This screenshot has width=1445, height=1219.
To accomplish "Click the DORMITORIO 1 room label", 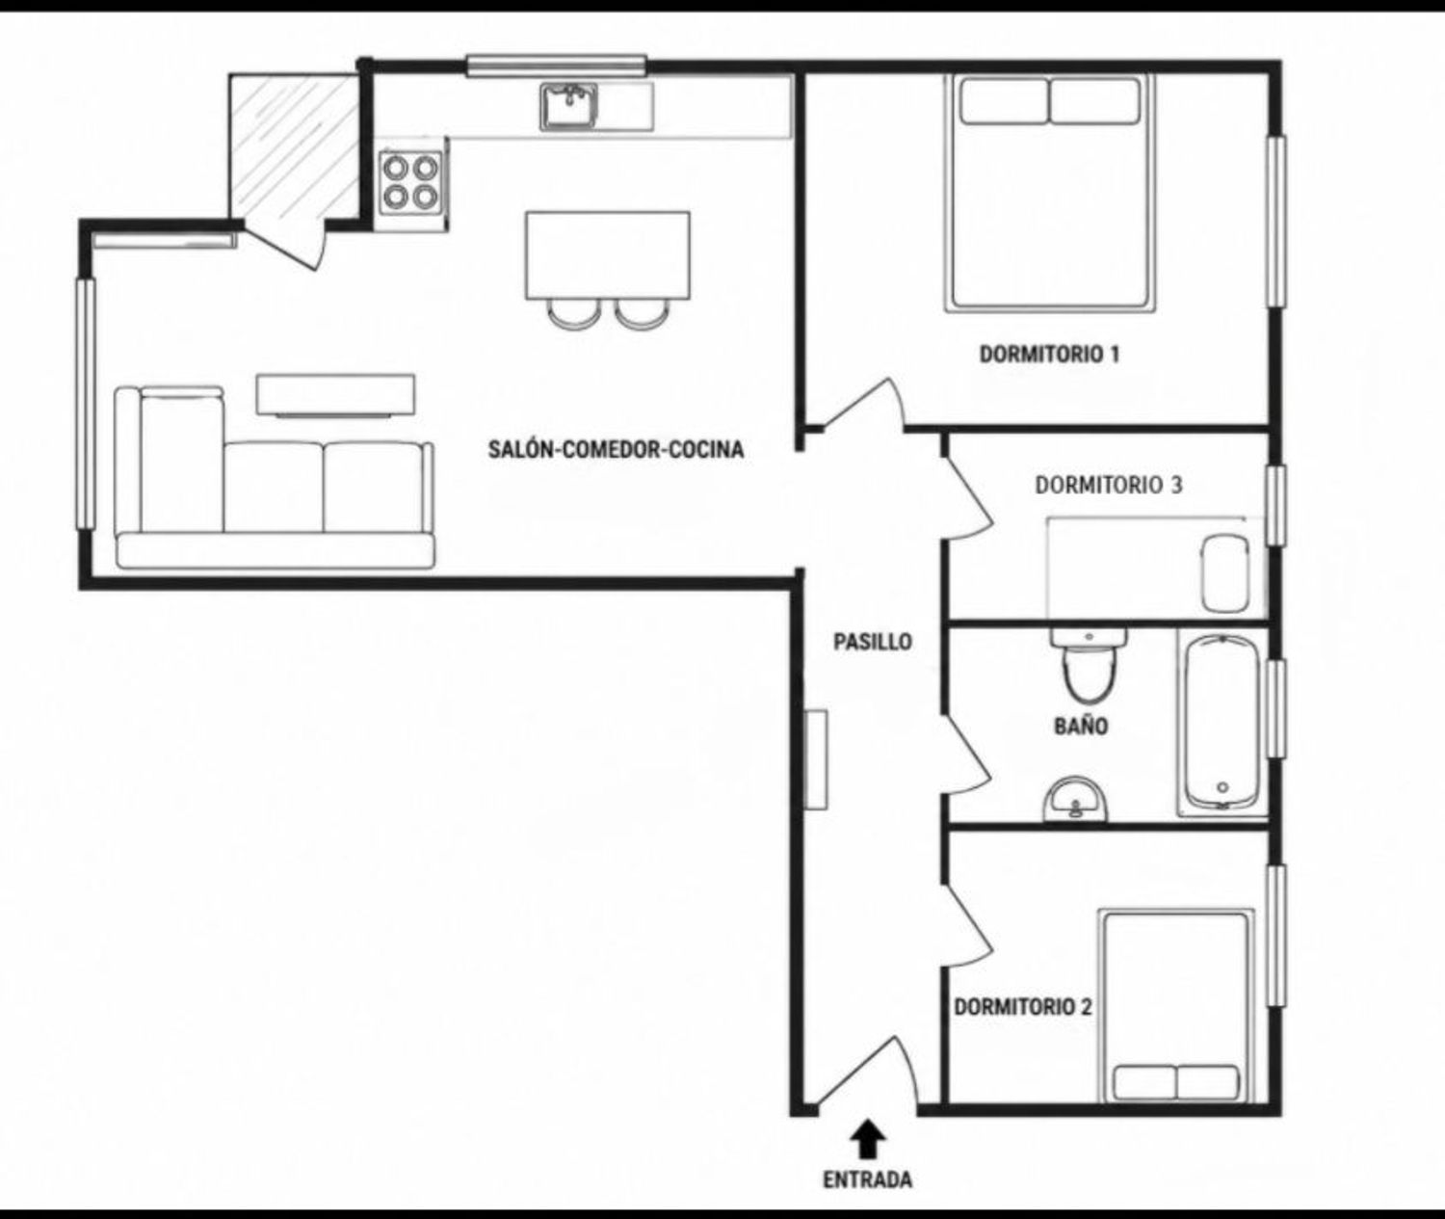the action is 1049,355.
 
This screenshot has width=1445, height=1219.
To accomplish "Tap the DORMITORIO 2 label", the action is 1023,1006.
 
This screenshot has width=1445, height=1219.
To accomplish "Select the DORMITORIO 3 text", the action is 1109,486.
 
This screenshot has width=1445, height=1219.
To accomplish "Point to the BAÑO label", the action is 1081,726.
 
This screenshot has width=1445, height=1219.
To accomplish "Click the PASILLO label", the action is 873,642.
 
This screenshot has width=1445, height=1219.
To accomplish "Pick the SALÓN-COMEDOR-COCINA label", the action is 616,449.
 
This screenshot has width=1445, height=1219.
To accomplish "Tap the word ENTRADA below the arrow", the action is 867,1179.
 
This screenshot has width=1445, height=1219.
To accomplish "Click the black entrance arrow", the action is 868,1138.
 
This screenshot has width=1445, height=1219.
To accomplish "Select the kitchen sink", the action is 568,107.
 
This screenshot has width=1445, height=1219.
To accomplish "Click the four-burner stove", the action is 410,183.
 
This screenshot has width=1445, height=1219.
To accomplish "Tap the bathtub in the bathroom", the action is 1222,722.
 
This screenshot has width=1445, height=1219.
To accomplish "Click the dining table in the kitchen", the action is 608,255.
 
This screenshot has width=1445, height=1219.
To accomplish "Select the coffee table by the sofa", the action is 335,396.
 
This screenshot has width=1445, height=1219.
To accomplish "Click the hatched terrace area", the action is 294,147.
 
